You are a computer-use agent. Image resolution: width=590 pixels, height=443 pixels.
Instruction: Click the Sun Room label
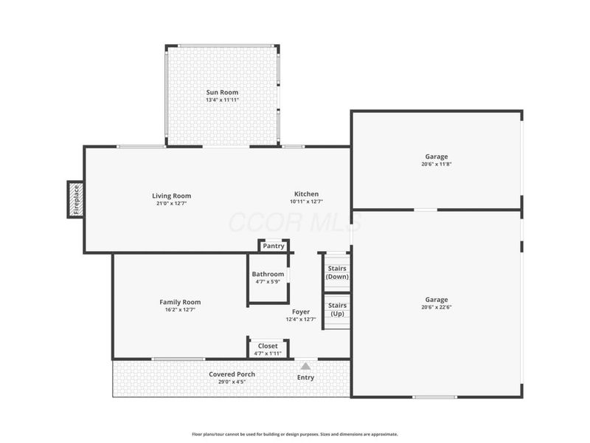[222, 92]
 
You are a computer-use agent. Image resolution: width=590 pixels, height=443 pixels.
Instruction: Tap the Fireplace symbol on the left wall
[75, 199]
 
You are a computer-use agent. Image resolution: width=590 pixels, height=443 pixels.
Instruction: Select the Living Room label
[171, 196]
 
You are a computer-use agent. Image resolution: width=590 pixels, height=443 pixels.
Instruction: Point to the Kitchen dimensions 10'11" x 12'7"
[306, 202]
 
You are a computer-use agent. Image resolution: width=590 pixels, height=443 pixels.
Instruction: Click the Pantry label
[274, 246]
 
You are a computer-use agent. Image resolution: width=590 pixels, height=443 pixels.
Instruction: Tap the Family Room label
[180, 302]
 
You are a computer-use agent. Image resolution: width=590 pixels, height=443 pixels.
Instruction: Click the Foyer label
[300, 312]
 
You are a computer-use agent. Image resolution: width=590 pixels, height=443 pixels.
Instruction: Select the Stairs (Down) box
[337, 272]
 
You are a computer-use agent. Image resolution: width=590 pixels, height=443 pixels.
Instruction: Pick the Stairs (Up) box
[337, 309]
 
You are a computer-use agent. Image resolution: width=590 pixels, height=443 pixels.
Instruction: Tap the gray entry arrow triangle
[305, 365]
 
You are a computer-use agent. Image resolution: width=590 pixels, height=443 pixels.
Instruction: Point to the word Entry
[305, 377]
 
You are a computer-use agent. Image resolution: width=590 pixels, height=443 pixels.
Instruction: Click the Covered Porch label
[232, 374]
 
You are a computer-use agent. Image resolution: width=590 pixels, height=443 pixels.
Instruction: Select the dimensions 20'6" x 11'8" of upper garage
[436, 165]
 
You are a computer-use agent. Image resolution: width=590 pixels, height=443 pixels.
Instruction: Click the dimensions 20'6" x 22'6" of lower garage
[436, 307]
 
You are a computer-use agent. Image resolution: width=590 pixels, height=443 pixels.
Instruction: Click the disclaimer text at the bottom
[295, 434]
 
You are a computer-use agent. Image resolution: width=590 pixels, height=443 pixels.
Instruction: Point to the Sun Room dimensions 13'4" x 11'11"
[222, 100]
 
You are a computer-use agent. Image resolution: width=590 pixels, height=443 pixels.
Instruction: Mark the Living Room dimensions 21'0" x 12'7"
[171, 204]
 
